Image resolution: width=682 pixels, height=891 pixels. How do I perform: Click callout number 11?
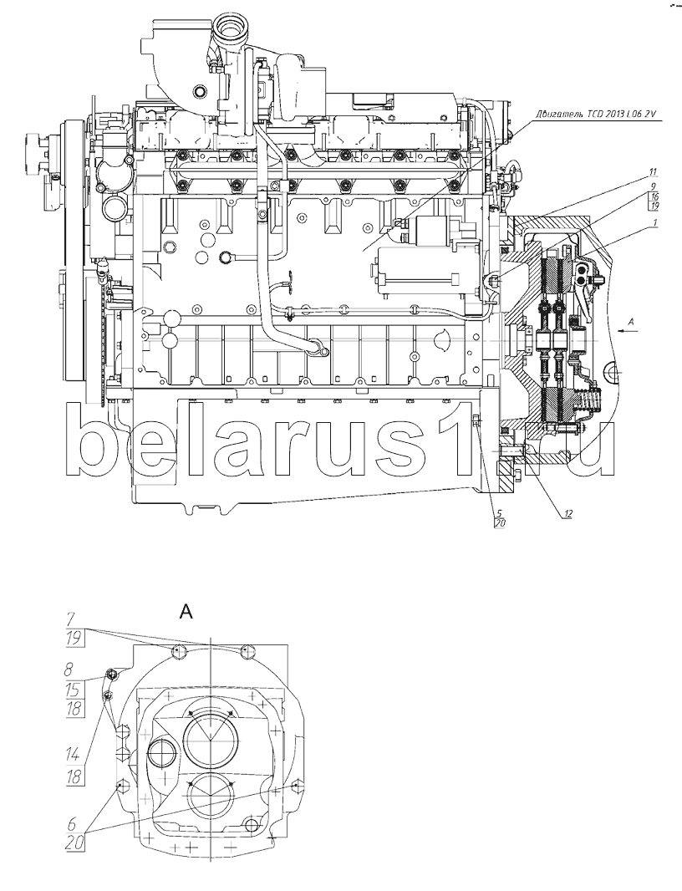pos(653,171)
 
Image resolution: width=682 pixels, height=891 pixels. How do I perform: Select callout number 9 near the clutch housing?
pos(653,186)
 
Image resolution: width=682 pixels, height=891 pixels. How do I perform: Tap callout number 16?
pos(654,196)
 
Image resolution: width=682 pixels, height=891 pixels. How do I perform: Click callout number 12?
pos(567,514)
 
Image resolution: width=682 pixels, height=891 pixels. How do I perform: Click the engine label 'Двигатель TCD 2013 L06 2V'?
pos(595,115)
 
